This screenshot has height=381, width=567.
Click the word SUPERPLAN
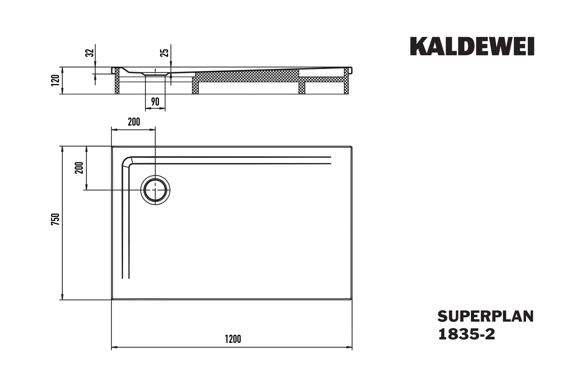[485, 317]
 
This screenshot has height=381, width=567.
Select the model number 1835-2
[467, 334]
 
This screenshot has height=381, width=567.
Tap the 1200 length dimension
[233, 339]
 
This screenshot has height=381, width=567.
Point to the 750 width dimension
[55, 219]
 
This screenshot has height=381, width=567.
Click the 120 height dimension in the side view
[55, 80]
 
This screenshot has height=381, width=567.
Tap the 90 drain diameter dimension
[155, 102]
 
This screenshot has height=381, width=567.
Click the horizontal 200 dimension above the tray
[134, 122]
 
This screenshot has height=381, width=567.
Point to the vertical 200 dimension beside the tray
[79, 168]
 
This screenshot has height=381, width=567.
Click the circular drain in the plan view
[155, 190]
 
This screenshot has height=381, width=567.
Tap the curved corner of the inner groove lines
[127, 162]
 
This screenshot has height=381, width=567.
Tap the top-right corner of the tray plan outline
[352, 147]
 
